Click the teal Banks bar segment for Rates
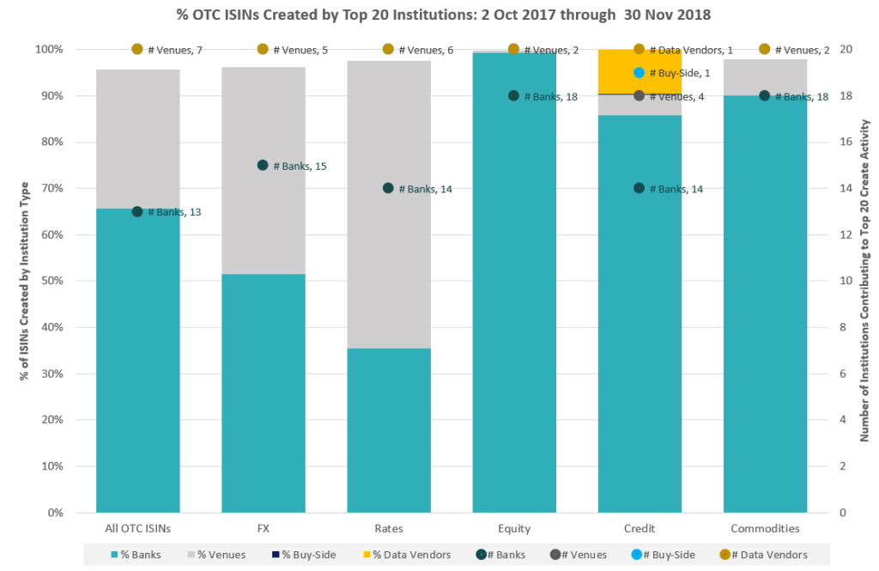[388, 429]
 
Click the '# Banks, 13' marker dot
[137, 211]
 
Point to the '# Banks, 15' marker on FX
[263, 165]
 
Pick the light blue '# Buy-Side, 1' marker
[639, 73]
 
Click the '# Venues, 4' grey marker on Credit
[639, 95]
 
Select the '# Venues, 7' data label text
[175, 50]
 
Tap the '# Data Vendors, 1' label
[695, 50]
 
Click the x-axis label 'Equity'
[513, 529]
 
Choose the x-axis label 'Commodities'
[764, 529]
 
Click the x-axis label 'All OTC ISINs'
[137, 529]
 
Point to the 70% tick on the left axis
[49, 188]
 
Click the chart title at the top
[439, 14]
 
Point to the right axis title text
[864, 281]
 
